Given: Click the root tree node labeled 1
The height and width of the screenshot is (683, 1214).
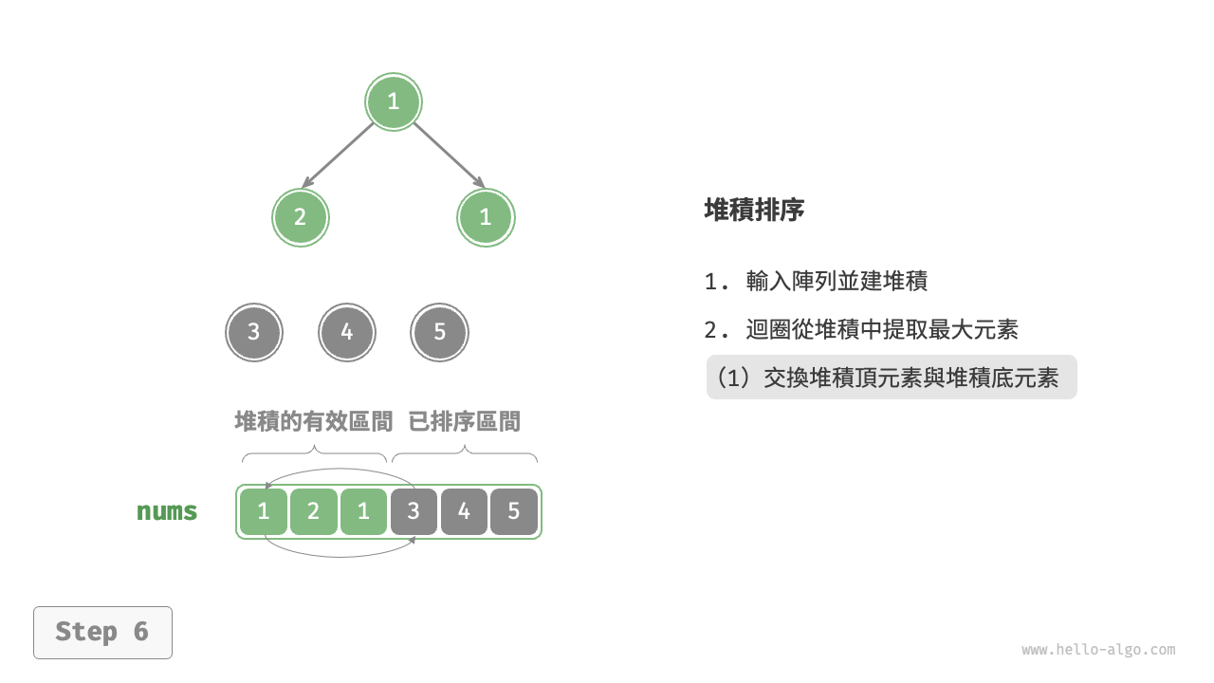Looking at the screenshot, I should (x=394, y=102).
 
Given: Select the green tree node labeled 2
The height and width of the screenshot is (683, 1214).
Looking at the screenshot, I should (x=300, y=217).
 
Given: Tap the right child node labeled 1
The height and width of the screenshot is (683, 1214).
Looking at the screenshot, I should (x=486, y=217).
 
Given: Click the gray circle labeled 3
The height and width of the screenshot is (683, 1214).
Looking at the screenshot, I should (x=253, y=333).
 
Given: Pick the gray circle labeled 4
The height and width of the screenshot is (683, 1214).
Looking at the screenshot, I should (x=346, y=333).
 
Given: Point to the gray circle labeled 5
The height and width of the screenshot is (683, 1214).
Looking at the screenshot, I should (x=439, y=333).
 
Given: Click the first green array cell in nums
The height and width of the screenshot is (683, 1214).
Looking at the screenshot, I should (x=264, y=511).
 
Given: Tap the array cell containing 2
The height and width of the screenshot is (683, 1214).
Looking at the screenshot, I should (x=314, y=511).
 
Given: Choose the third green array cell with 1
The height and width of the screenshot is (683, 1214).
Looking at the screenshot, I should (x=363, y=511).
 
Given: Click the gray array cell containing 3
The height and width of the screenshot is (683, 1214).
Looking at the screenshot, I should (x=414, y=511).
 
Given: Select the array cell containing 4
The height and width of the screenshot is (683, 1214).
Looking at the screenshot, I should (x=464, y=511).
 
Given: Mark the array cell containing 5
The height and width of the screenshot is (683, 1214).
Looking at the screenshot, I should (x=514, y=511).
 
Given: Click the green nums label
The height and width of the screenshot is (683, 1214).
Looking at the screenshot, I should (x=167, y=511).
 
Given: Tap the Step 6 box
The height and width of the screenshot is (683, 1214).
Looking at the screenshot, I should (x=102, y=632).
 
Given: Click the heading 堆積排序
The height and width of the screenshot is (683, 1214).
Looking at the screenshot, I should (x=754, y=210).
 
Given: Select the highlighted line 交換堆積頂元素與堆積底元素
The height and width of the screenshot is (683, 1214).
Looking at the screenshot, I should (x=892, y=378).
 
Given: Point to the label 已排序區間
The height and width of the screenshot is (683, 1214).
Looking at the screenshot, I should (x=464, y=421).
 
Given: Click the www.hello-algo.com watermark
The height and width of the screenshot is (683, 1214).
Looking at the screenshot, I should (x=1098, y=650).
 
